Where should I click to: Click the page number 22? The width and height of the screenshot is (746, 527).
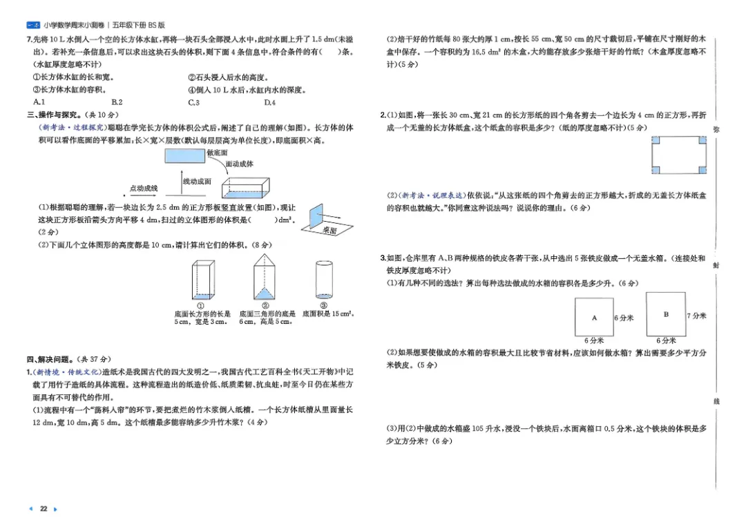pos(43,509)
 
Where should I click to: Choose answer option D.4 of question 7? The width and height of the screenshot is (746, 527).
pos(269,102)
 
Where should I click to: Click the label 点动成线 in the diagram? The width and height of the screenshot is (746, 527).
pos(144,188)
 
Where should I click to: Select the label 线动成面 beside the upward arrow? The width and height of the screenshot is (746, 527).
pos(197,181)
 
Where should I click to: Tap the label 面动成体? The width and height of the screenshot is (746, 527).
pos(240,164)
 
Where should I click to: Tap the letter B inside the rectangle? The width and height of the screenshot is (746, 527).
pos(666,314)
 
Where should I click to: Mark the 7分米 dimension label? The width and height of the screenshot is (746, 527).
pos(697,316)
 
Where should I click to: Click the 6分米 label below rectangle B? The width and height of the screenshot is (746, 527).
pos(666,341)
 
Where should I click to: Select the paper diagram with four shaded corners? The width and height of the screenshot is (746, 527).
pos(679,155)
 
